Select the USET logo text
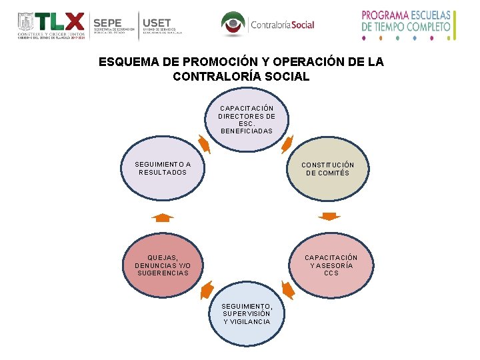pyautogui.click(x=157, y=23)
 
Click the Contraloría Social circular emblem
pyautogui.click(x=233, y=25)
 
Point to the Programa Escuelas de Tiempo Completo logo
pyautogui.click(x=406, y=25)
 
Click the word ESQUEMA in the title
pyautogui.click(x=129, y=62)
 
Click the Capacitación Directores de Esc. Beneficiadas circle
pyautogui.click(x=246, y=120)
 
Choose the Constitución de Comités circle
pyautogui.click(x=327, y=169)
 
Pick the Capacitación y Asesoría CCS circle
pyautogui.click(x=331, y=265)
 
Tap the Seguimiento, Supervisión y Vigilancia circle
pyautogui.click(x=246, y=313)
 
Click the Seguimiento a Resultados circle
pyautogui.click(x=163, y=169)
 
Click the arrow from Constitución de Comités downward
pyautogui.click(x=329, y=216)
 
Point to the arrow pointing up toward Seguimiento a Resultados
pyautogui.click(x=162, y=217)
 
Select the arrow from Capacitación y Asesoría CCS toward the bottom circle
pyautogui.click(x=287, y=290)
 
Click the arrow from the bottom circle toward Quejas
pyautogui.click(x=207, y=290)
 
